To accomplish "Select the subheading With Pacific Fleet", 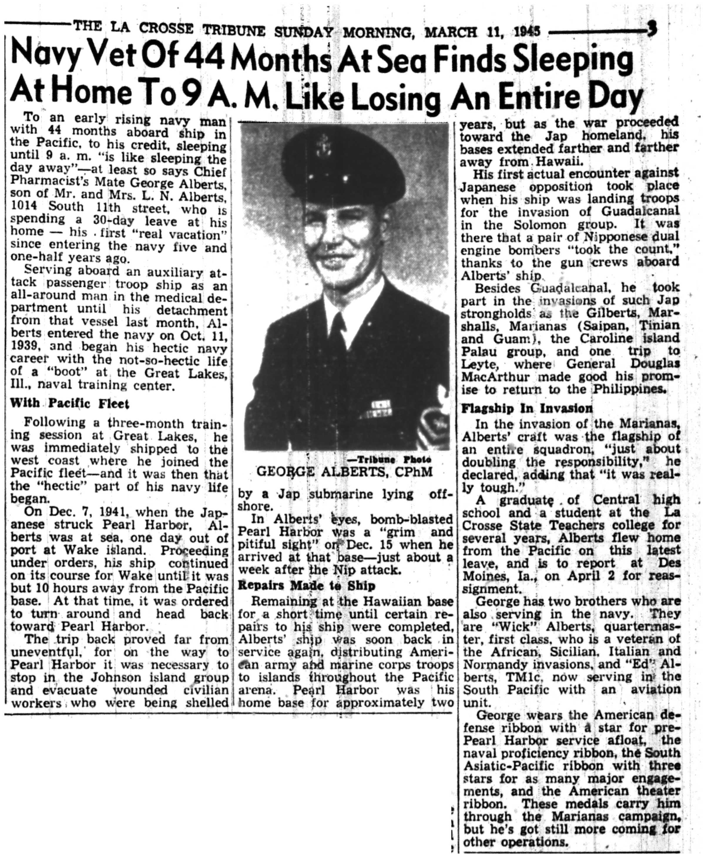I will tap(69, 403).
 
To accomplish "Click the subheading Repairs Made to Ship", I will tap(307, 586).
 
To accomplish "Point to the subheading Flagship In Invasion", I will tap(527, 408).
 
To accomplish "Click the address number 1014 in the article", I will tap(24, 206).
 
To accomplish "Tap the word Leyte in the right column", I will tap(477, 364).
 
